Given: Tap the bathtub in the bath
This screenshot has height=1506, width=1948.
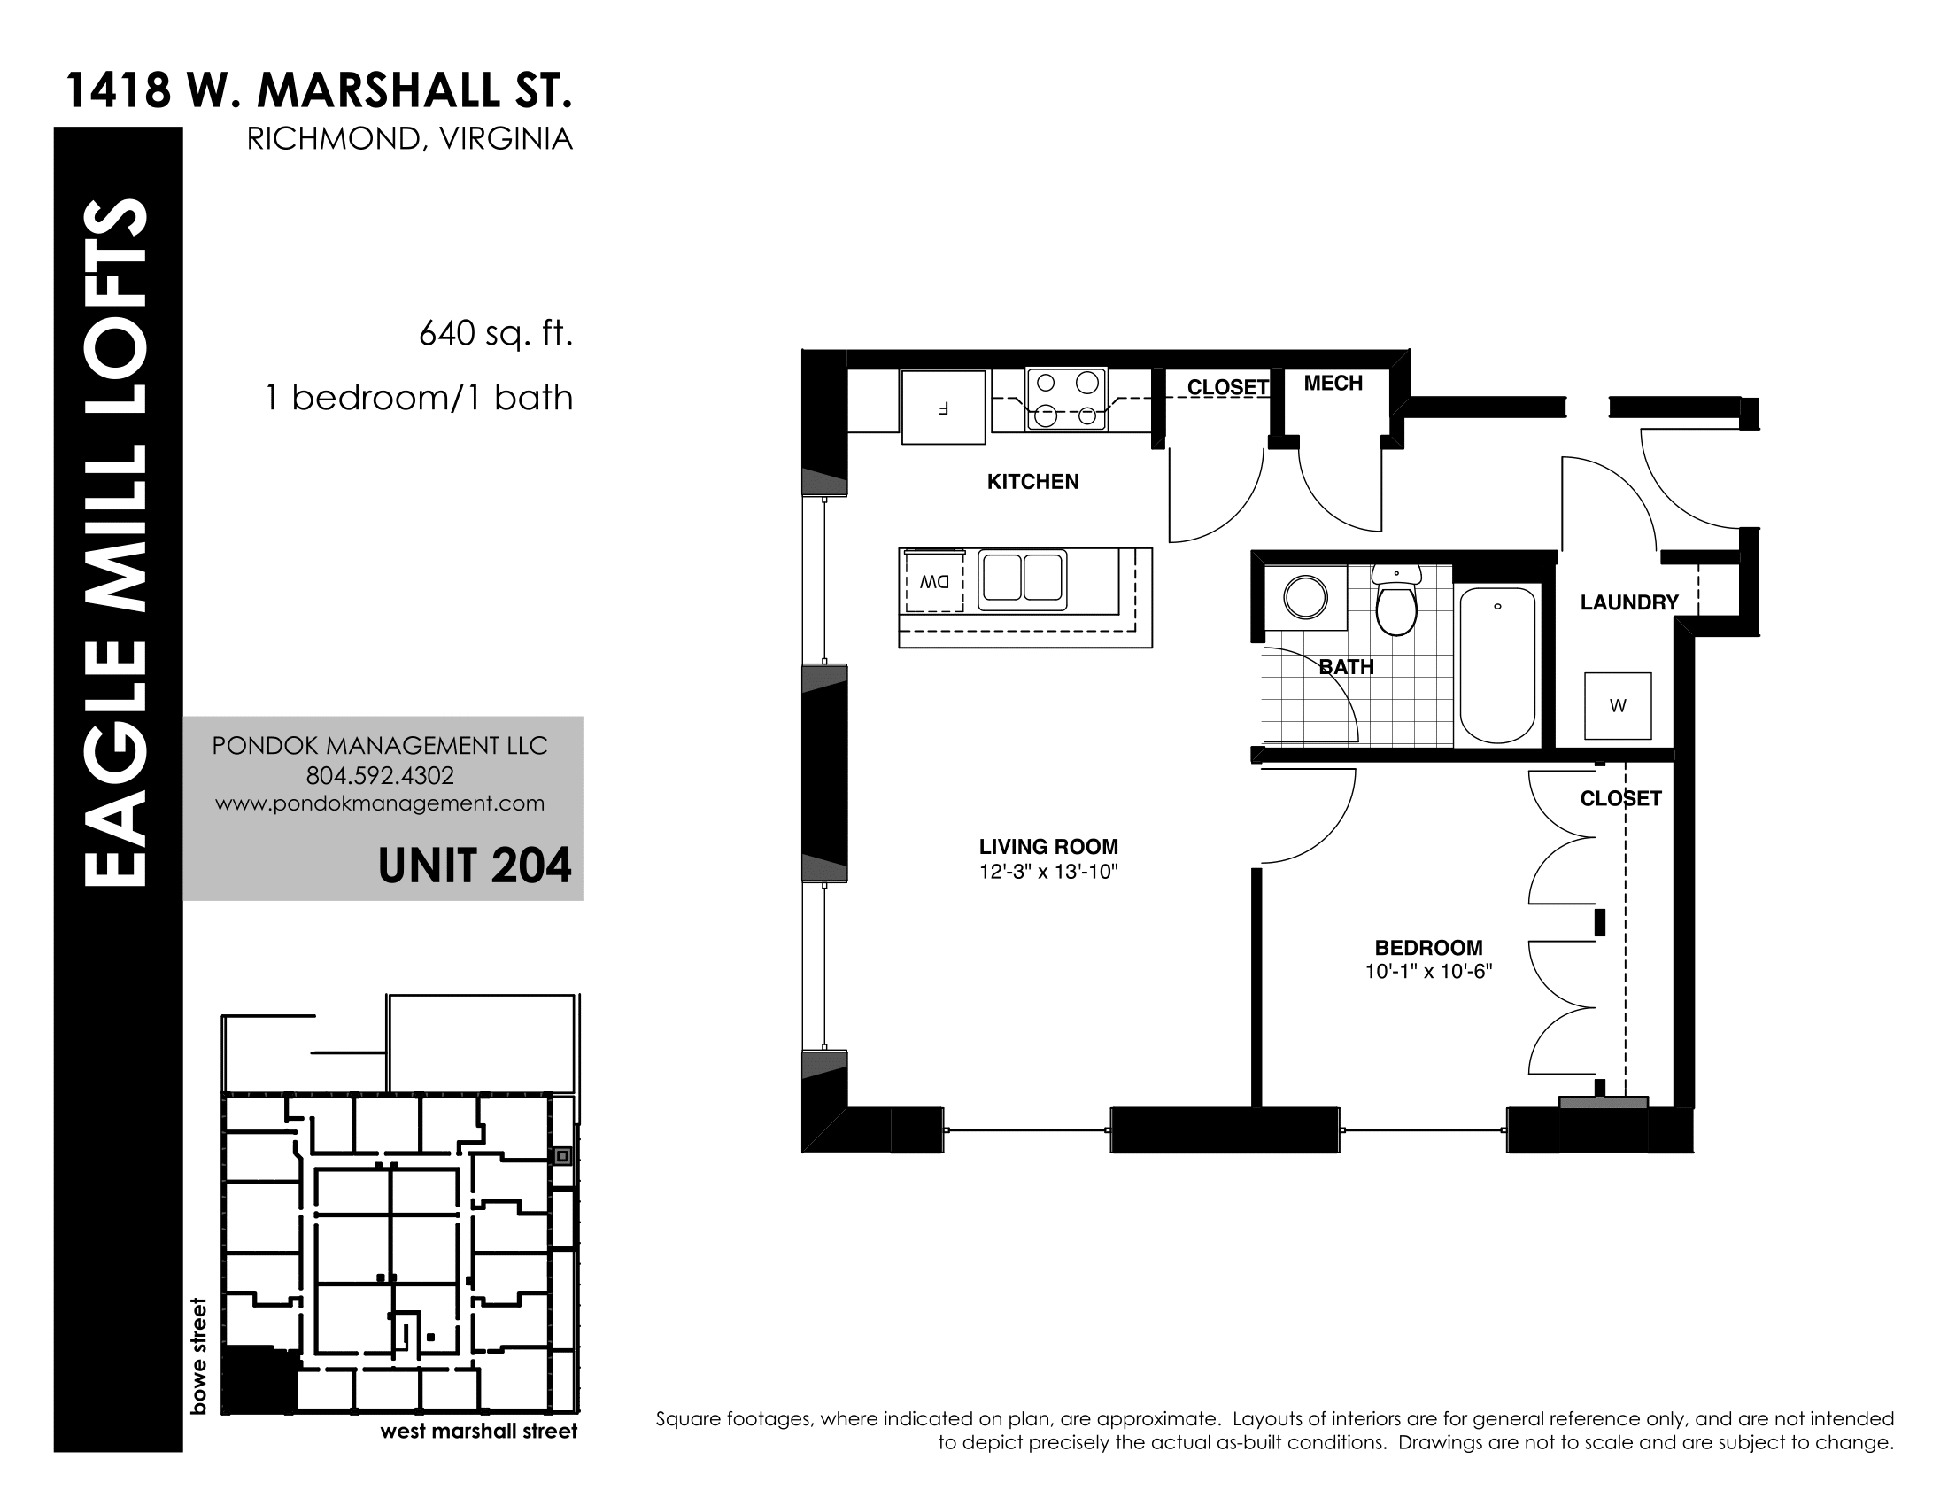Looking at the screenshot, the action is pos(1497,664).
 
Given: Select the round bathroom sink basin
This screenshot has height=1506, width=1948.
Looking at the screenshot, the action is pos(1306,597).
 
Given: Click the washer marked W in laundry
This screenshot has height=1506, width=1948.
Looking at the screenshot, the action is pos(1617,706).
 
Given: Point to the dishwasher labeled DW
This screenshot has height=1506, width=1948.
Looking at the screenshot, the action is pos(934,582).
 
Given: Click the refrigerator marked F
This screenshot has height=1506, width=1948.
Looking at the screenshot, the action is pos(943,407).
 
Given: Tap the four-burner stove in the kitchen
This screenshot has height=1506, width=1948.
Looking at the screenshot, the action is pos(1067,399).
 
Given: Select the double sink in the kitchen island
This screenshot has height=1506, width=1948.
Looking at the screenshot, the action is pos(1022,579).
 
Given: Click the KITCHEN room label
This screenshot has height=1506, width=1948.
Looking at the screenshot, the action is pos(1032,482).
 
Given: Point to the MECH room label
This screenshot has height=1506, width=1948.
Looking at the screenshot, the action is pos(1333,384).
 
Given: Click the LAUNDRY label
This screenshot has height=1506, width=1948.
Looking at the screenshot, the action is pos(1629,603).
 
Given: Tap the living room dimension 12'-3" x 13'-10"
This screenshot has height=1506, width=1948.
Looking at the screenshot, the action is pos(1049,872).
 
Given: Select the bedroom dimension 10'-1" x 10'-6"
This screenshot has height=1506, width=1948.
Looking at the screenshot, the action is pos(1429,972).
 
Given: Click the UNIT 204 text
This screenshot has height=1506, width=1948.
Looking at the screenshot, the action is pos(475,866).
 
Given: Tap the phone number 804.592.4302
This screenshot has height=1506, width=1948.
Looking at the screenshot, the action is pos(380,775).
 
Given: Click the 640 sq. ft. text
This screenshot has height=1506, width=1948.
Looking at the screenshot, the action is pos(496,334).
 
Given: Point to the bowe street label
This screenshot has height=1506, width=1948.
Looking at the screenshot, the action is pos(198,1356).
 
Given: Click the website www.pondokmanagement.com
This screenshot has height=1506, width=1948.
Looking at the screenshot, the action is pos(380,803).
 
